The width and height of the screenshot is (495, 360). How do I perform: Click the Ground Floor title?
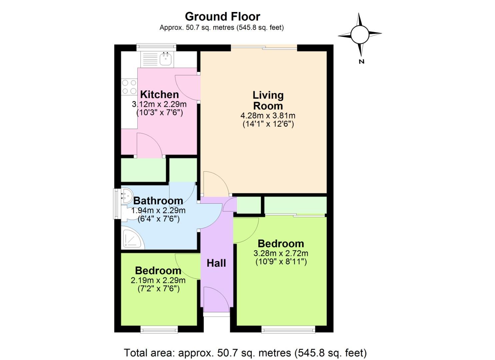tap(222, 16)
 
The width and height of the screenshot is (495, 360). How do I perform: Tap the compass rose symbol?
tap(360, 34)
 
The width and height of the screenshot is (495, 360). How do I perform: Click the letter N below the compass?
tap(362, 61)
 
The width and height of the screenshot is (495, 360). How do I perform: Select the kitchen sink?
tap(165, 59)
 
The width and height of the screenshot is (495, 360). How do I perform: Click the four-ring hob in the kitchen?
tap(129, 87)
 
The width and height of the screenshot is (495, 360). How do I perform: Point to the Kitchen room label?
tap(159, 94)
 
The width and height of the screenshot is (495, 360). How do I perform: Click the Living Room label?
tap(268, 100)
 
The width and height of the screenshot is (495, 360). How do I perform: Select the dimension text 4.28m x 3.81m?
tap(268, 116)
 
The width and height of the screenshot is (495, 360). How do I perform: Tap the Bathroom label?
tap(158, 201)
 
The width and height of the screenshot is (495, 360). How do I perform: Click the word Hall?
tap(216, 263)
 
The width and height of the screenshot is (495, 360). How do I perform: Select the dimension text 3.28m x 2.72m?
tap(281, 253)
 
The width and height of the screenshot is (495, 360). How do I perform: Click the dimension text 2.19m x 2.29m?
tap(158, 280)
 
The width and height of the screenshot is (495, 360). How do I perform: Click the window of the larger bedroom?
tap(288, 330)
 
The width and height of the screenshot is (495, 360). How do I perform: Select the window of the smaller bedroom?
tap(159, 330)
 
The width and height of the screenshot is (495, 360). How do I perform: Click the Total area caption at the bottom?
tap(245, 353)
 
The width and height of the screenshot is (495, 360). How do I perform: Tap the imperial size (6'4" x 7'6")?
tap(159, 219)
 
